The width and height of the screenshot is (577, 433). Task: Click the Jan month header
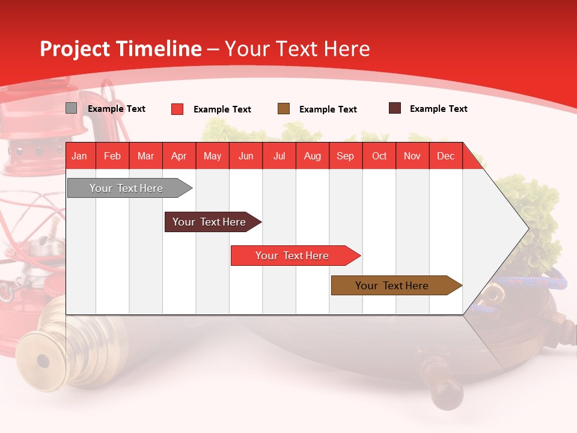click(x=79, y=156)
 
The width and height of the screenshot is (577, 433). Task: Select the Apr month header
click(x=179, y=156)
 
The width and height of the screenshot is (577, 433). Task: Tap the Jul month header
click(x=279, y=156)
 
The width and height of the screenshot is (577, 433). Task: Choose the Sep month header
click(x=345, y=156)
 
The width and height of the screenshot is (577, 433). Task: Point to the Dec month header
click(x=445, y=156)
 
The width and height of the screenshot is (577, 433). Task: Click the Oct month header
click(x=379, y=156)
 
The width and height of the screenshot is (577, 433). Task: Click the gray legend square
click(x=71, y=108)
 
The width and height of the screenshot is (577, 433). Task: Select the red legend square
click(x=177, y=109)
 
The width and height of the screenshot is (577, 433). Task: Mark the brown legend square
click(x=284, y=109)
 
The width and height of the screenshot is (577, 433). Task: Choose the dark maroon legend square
click(x=394, y=108)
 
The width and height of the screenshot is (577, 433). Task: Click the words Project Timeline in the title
click(x=120, y=49)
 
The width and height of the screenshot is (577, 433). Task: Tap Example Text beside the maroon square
click(x=438, y=109)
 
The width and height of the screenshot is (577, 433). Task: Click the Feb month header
click(x=112, y=156)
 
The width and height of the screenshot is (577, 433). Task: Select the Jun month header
click(x=246, y=156)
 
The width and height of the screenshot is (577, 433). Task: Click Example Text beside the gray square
click(x=116, y=109)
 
